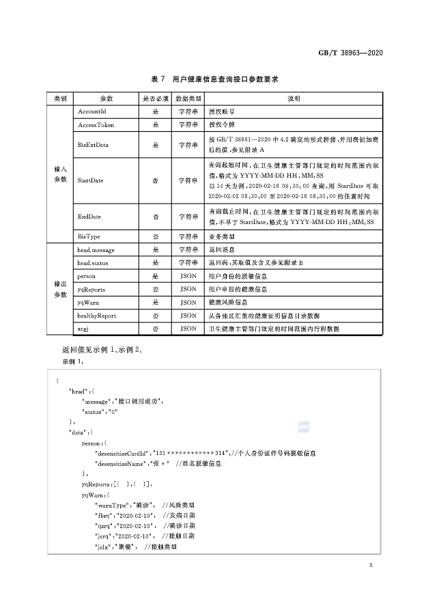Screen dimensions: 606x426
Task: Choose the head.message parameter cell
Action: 96,251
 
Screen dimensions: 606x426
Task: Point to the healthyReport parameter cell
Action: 96,316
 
